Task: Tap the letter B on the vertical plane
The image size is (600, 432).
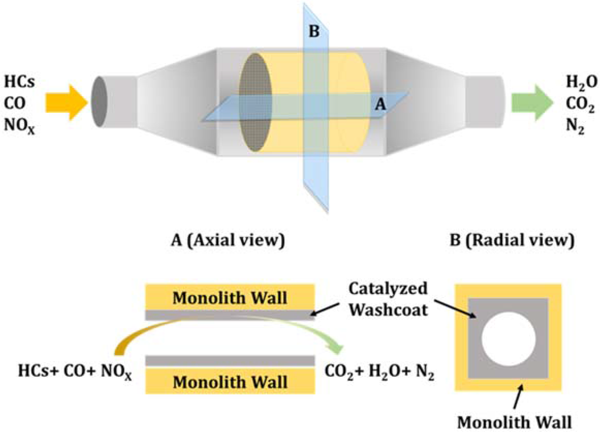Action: pyautogui.click(x=314, y=32)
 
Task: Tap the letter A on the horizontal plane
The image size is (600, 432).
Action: pyautogui.click(x=380, y=104)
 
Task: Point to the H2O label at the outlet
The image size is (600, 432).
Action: pyautogui.click(x=577, y=83)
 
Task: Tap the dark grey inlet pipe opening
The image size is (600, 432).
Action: pyautogui.click(x=100, y=102)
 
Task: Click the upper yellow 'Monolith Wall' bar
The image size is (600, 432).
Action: pyautogui.click(x=230, y=298)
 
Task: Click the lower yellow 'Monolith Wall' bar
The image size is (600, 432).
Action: pyautogui.click(x=230, y=382)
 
